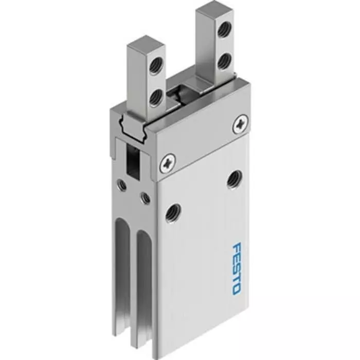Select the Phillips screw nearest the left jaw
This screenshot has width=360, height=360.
pyautogui.click(x=168, y=164)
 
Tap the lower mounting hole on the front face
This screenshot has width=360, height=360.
pyautogui.click(x=171, y=212)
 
